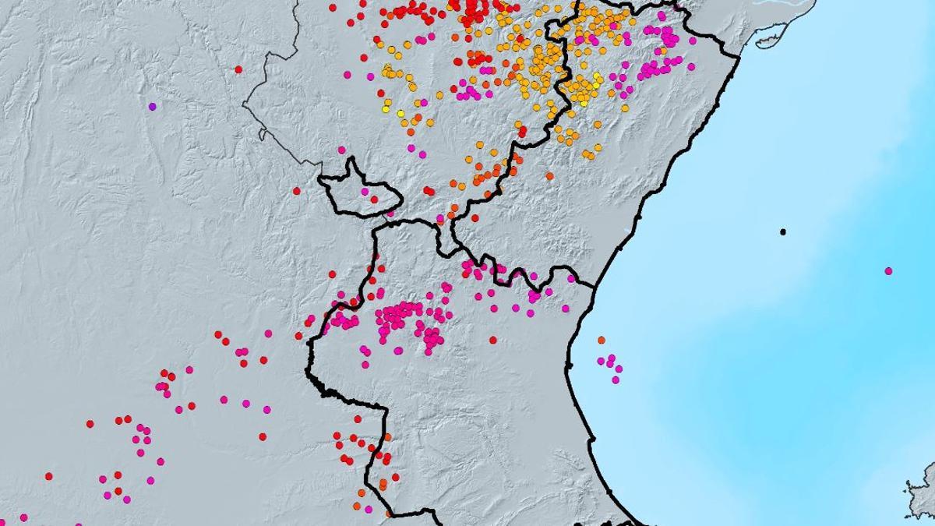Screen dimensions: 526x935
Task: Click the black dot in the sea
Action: [783, 231]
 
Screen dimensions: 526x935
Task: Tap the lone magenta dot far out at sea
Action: [888, 271]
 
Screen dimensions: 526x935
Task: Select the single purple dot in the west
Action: [152, 106]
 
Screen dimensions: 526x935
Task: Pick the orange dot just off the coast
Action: [601, 340]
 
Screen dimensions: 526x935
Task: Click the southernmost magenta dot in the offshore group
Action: [616, 379]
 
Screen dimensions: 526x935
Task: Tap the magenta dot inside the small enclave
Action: [364, 192]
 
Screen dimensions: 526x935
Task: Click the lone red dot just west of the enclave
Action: [296, 190]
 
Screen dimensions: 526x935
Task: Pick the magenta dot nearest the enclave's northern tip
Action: [341, 150]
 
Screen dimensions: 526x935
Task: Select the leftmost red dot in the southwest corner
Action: [48, 475]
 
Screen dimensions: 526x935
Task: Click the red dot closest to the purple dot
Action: [238, 69]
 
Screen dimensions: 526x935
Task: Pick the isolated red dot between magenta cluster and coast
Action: [492, 341]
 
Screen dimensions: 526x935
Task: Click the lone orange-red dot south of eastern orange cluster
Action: [549, 176]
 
